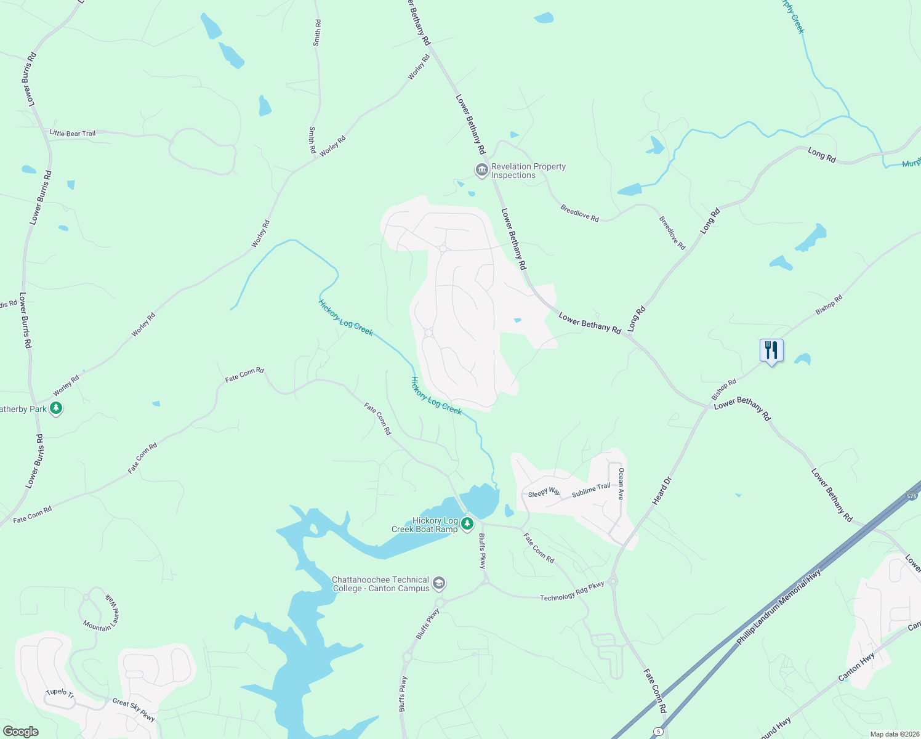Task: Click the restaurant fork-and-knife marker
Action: (x=771, y=350)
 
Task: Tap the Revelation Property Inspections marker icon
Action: (x=481, y=170)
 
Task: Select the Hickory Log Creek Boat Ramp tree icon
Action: (x=467, y=524)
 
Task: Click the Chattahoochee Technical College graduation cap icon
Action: (x=438, y=583)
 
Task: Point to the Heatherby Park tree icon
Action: (x=56, y=408)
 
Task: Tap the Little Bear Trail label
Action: (x=73, y=133)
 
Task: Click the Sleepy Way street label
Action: (x=544, y=493)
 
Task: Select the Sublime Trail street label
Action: (x=591, y=490)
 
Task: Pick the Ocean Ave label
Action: (x=621, y=483)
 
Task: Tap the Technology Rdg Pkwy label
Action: (x=572, y=592)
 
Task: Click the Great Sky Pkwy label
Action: (x=134, y=709)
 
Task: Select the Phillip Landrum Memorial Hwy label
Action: (x=779, y=608)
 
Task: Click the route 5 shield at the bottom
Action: (x=658, y=732)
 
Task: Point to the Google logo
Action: (x=21, y=731)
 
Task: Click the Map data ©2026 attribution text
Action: (x=895, y=734)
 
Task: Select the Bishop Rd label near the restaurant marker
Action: (x=829, y=305)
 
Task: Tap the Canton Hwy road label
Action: (x=856, y=668)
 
